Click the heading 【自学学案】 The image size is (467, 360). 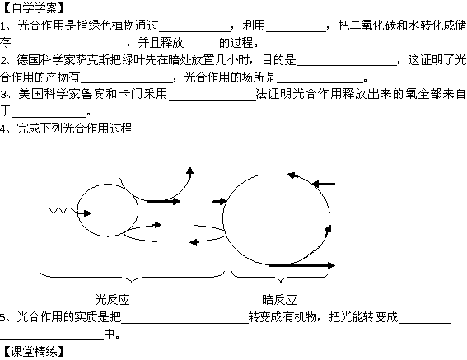(33, 8)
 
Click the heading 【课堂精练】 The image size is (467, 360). (33, 352)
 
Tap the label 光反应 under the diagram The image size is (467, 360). (112, 300)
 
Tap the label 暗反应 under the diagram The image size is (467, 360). (279, 300)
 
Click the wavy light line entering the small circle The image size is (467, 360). (63, 210)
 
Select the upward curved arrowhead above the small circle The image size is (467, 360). (189, 171)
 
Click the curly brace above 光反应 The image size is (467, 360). (132, 278)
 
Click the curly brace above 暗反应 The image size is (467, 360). (281, 278)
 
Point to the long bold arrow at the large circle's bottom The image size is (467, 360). (301, 265)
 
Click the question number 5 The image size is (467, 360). (2, 317)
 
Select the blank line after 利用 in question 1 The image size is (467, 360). (296, 31)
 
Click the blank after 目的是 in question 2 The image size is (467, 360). (347, 65)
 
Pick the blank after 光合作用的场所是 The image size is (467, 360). (320, 82)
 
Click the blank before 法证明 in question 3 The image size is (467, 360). (212, 100)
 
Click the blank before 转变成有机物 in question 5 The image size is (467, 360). (185, 323)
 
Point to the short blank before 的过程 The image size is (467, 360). (202, 49)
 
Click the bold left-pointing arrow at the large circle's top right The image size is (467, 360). (324, 185)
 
